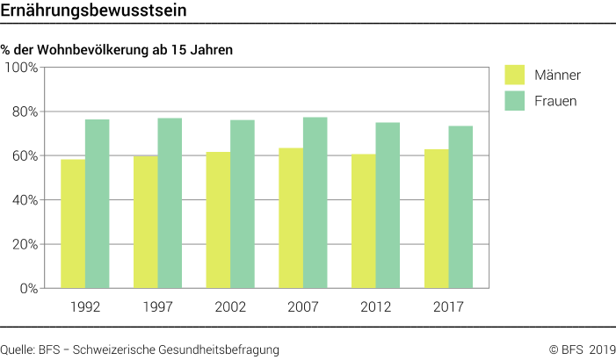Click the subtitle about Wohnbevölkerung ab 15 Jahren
coord(117,51)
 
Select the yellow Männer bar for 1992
coord(73,224)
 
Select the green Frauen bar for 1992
coord(97,204)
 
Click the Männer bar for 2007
coord(292,218)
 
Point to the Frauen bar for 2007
coord(315,203)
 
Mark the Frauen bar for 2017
coord(460,207)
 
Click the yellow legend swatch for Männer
coord(514,76)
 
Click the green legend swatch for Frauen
coord(514,101)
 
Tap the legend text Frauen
coord(555,101)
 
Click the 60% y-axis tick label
coord(22,156)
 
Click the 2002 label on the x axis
coord(230,307)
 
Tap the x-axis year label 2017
coord(448,307)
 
